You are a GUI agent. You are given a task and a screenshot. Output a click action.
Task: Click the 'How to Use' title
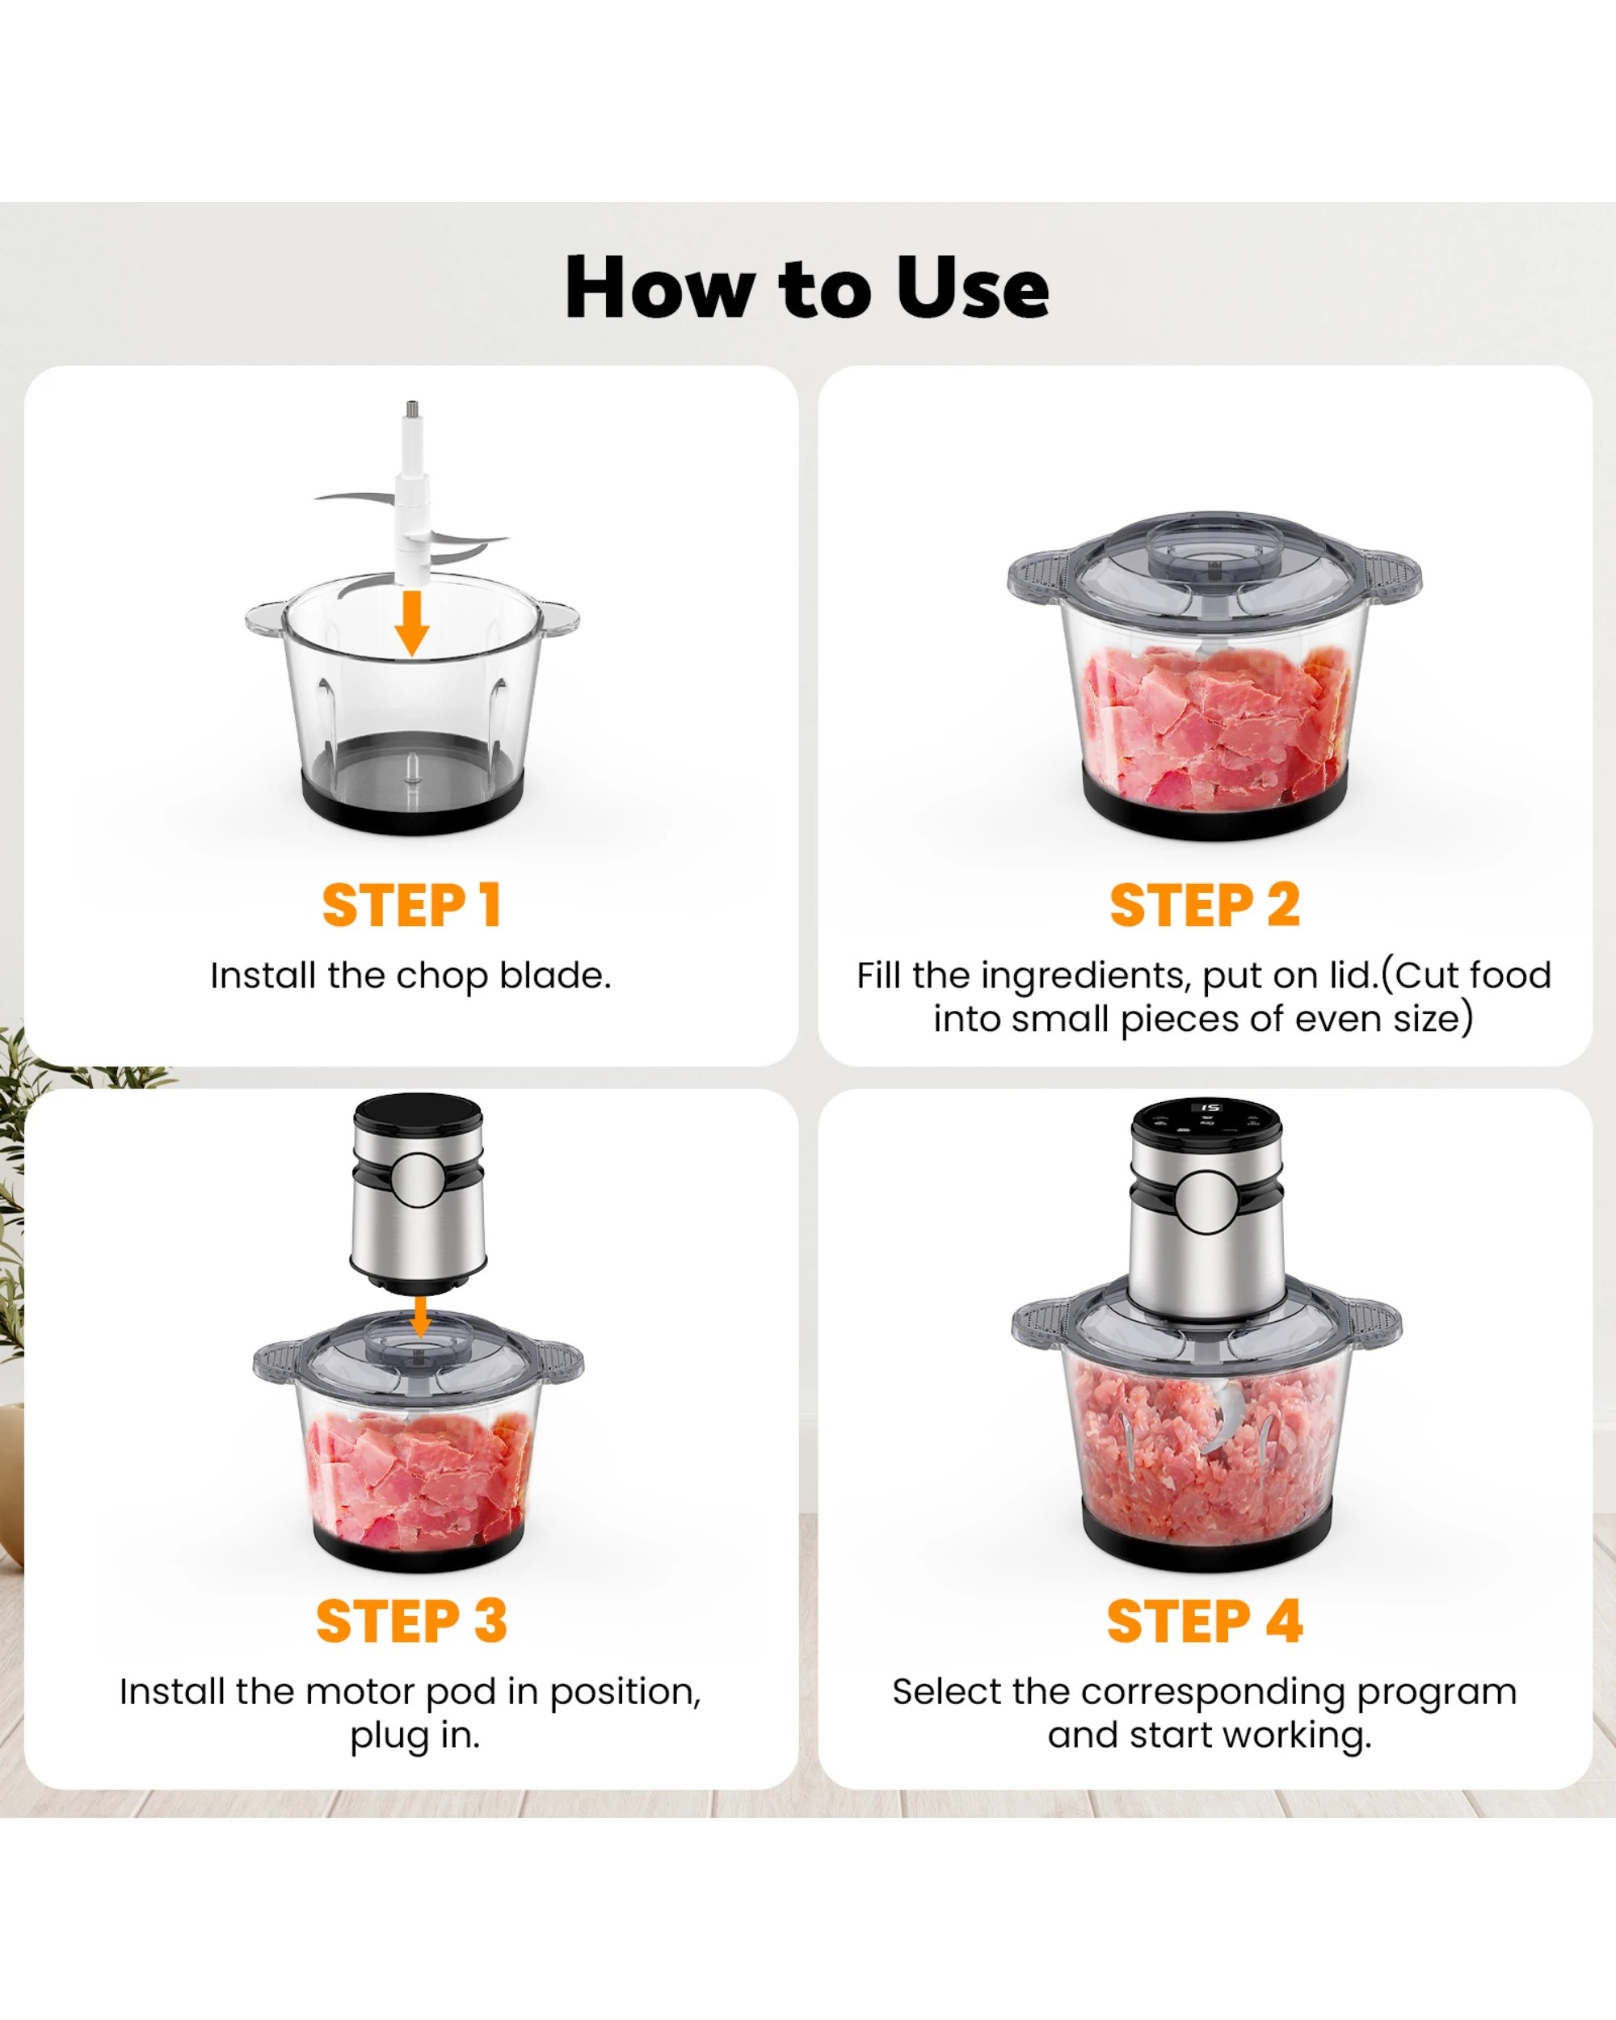click(x=806, y=288)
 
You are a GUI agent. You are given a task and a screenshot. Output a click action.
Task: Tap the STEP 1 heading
click(x=412, y=905)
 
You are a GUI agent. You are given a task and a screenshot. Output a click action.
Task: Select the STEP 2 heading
click(x=1205, y=905)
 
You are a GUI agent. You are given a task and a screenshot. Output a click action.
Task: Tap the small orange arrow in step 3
click(x=421, y=1316)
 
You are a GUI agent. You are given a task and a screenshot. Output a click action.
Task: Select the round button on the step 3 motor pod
click(x=418, y=1180)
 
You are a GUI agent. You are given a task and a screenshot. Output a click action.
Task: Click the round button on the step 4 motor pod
click(x=1206, y=1203)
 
